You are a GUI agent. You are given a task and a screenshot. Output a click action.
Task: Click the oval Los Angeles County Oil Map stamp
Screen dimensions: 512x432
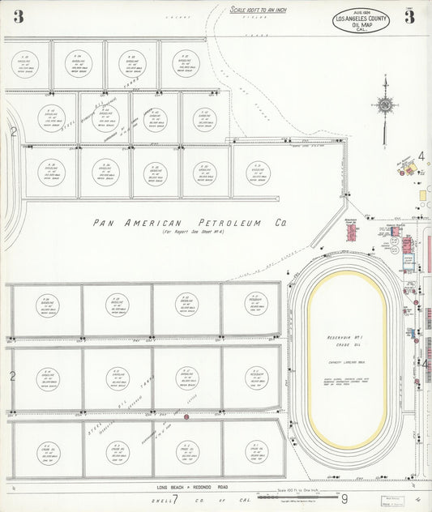pos(361,19)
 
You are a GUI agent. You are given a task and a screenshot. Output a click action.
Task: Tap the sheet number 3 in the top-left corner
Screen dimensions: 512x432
pos(18,16)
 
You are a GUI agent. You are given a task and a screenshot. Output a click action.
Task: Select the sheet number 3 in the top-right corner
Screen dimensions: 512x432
pos(410,18)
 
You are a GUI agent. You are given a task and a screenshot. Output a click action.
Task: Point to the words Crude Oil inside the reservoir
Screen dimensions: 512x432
pos(346,345)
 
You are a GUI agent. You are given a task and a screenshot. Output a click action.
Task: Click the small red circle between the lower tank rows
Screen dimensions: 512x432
pos(186,416)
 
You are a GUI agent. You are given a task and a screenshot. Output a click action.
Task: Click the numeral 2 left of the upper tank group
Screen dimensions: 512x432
pos(12,131)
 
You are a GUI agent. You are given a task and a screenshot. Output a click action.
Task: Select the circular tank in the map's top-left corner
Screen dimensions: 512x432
pos(25,64)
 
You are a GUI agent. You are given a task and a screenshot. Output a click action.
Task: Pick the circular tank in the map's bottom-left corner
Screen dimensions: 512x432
pos(47,451)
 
